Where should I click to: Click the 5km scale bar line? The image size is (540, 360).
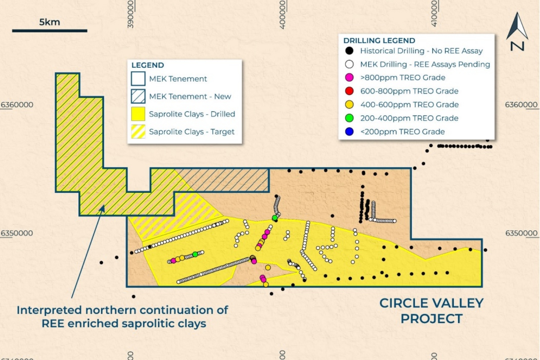(49, 31)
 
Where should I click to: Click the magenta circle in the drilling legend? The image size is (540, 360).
(349, 78)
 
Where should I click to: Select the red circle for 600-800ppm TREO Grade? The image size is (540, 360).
(349, 91)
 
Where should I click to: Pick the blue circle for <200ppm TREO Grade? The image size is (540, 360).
(349, 132)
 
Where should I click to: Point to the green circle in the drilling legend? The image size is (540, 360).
(349, 118)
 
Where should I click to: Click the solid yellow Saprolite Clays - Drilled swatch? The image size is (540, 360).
(138, 114)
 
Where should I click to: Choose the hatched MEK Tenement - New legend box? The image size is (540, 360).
(138, 96)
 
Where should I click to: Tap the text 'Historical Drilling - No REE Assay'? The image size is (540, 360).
(421, 51)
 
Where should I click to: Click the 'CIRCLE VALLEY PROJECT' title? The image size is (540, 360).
(431, 311)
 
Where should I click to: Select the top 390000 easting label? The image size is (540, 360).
(130, 14)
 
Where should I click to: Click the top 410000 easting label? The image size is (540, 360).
(434, 13)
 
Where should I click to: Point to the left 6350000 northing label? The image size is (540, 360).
(17, 233)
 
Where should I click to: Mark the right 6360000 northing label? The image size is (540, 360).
(521, 105)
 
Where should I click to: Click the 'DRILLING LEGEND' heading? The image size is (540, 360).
(379, 40)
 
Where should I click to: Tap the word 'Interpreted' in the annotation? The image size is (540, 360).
(49, 310)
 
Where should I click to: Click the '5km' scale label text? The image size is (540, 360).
(49, 22)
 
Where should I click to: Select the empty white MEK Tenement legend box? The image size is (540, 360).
(138, 79)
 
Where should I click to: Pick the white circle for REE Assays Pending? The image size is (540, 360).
(349, 64)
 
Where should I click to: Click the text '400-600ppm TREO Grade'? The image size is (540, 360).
(409, 105)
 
